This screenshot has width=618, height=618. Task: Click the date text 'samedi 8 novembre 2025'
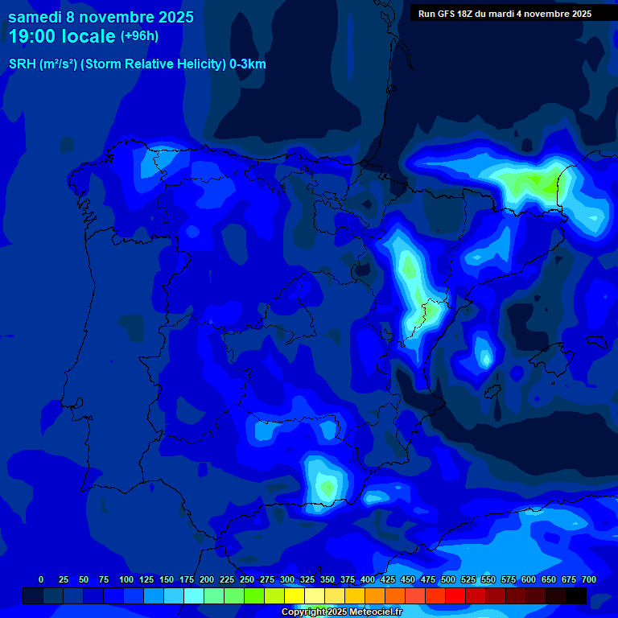pos(101,17)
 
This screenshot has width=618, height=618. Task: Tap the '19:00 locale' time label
pos(62,36)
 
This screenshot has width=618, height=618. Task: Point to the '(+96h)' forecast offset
pos(140,36)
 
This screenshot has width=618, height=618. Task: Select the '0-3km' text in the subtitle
pos(248,64)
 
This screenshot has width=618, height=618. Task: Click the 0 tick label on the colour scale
pos(41,579)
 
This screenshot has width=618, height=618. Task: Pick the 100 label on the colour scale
pos(126,579)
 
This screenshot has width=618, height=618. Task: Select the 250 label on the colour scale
pos(247,579)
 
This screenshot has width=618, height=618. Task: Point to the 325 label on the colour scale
pos(307,579)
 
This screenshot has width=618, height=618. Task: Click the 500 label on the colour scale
pos(448,579)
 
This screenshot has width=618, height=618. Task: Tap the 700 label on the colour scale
pos(589,579)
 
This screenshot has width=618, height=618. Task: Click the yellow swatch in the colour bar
pos(295,596)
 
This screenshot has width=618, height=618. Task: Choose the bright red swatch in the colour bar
pos(455,596)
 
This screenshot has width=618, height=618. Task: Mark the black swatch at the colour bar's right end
pos(576,596)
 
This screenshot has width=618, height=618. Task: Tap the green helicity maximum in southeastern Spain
pos(326,485)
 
